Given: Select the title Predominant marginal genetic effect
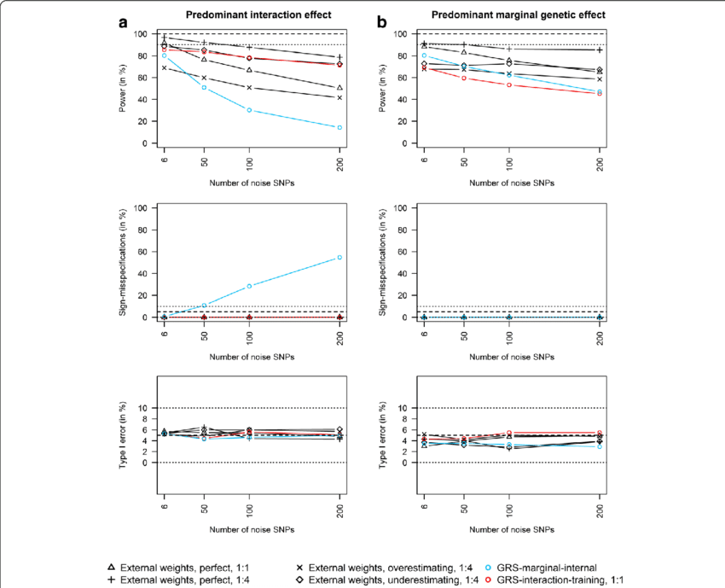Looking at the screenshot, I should (x=510, y=15).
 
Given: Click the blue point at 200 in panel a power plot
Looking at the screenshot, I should (x=339, y=128).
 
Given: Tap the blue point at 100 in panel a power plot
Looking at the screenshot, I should (x=249, y=110).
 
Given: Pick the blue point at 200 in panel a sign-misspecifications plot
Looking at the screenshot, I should (x=339, y=257).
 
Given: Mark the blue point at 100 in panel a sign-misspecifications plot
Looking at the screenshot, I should (x=249, y=286).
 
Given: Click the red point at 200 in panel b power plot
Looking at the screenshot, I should (x=599, y=94).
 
